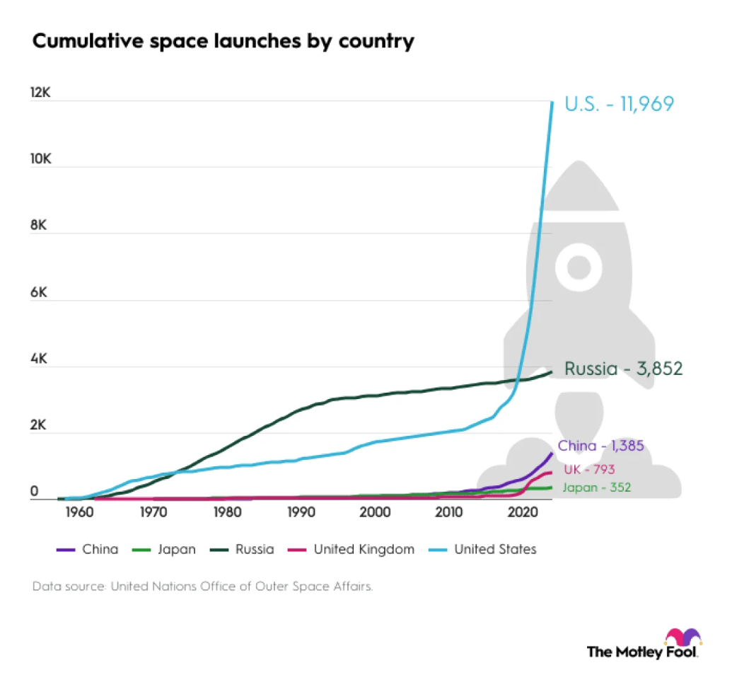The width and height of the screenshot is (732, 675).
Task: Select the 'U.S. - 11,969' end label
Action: (619, 104)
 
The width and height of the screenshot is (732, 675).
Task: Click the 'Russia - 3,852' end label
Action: (623, 369)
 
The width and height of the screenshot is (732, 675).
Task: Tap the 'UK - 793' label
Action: (589, 468)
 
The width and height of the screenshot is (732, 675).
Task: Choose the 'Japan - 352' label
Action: (596, 487)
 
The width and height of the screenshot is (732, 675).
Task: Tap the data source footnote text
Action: (202, 587)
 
